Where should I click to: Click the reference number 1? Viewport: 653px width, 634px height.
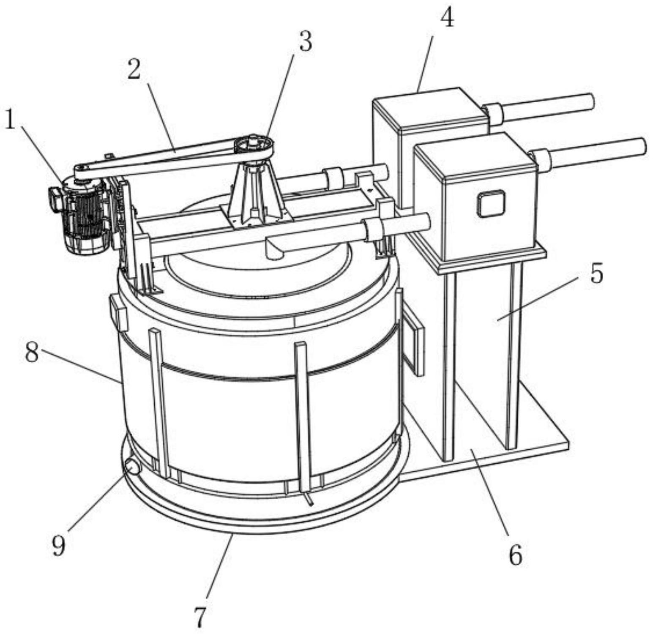[x=11, y=120]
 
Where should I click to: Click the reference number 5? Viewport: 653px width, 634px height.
[x=596, y=273]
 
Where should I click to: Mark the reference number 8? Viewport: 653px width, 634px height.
[x=32, y=352]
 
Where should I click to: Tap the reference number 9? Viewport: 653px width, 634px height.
[x=58, y=545]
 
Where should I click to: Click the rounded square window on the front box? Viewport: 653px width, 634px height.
[x=492, y=203]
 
